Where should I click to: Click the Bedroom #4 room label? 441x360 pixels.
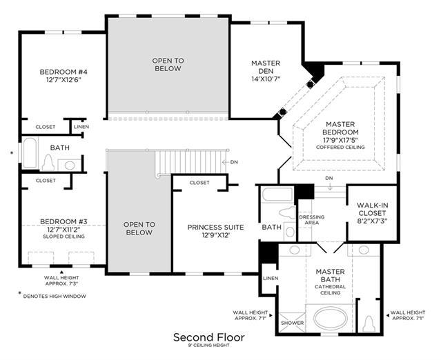63,72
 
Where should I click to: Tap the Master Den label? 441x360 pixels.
266,67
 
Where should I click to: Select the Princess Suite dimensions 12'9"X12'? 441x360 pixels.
216,235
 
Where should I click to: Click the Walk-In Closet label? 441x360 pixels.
372,209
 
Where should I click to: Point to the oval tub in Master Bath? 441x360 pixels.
330,319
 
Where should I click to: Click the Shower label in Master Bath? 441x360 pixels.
292,323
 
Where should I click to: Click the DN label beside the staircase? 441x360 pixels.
234,162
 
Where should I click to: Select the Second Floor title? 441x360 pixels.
209,337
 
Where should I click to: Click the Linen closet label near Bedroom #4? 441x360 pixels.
81,127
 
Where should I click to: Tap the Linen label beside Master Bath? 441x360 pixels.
271,278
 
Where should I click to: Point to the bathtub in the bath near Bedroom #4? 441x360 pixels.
30,152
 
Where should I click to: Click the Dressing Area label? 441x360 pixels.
312,220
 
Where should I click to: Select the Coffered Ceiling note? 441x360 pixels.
340,148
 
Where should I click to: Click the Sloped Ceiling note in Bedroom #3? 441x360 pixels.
63,237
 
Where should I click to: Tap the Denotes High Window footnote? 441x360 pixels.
55,296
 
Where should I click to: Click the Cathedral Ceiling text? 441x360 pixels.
330,290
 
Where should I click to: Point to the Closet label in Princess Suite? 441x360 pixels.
199,183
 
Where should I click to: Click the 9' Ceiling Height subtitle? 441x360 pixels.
209,346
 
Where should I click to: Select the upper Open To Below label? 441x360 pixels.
168,65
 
